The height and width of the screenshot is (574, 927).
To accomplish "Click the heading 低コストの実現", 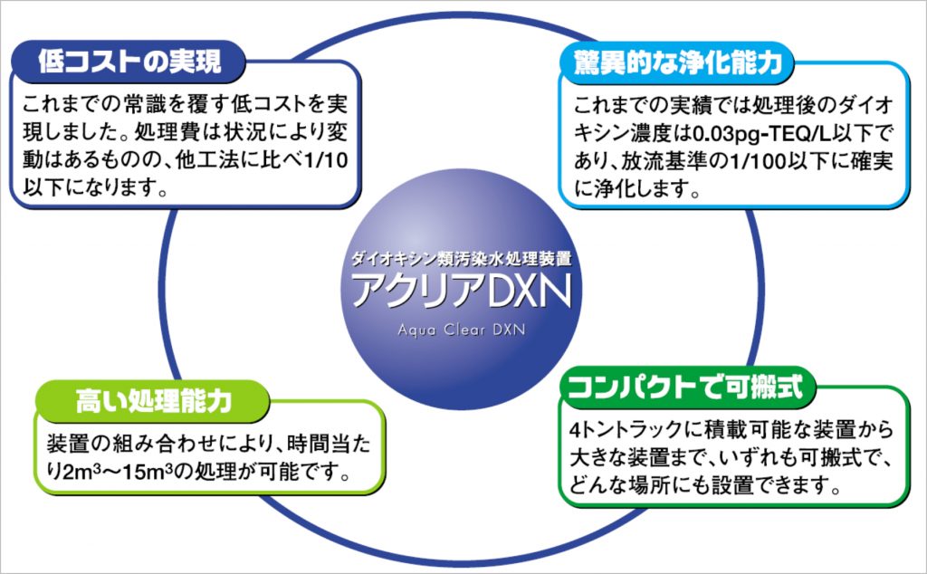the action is click(x=129, y=62).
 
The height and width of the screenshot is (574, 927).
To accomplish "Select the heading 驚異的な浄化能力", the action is click(x=678, y=62).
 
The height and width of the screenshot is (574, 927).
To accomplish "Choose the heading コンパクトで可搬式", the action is click(x=685, y=387).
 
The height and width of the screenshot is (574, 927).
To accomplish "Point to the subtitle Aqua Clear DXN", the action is click(x=461, y=330).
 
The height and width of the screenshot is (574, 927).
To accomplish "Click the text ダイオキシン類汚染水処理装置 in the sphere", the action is click(x=461, y=258).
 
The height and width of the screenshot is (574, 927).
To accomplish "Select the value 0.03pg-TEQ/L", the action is click(x=761, y=134).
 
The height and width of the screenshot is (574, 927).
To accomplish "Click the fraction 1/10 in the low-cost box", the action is click(x=325, y=160).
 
